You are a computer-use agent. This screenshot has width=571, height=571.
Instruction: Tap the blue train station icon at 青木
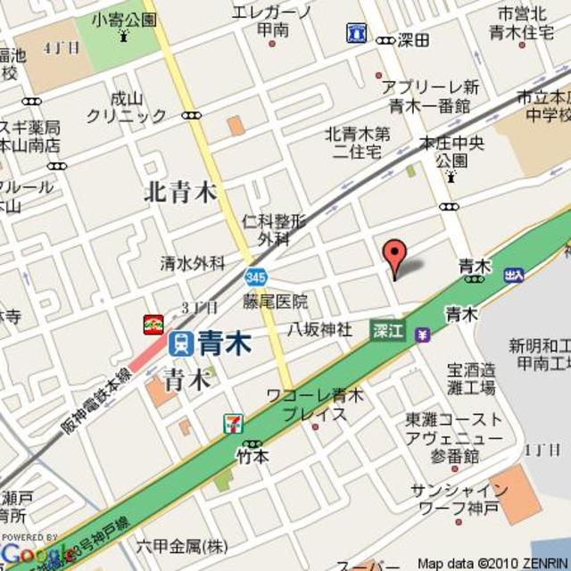[x=180, y=342]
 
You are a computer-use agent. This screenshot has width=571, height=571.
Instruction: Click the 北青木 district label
[x=181, y=192]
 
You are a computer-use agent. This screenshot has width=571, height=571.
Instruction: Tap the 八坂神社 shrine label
[x=319, y=329]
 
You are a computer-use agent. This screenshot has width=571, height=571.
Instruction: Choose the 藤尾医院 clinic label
[x=275, y=302]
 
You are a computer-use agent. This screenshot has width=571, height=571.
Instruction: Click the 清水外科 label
[x=193, y=262]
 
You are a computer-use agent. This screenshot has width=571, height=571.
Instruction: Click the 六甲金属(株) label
[x=182, y=546]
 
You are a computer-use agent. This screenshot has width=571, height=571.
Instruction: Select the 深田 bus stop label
[x=413, y=40]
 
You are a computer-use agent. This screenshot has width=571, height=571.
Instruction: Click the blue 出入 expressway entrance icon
[x=514, y=276]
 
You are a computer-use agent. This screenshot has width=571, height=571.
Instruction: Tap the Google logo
[x=34, y=554]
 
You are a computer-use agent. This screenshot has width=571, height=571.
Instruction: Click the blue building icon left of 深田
[x=356, y=34]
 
